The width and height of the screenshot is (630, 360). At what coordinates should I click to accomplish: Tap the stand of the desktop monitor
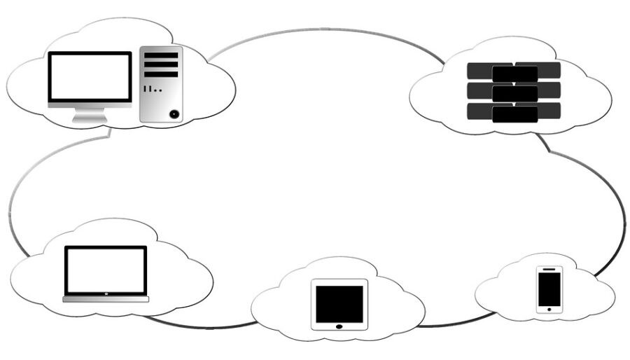[x=90, y=116]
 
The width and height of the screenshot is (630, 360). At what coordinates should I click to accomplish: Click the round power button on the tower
[x=174, y=113]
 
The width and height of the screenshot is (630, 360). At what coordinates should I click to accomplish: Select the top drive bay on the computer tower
[x=161, y=55]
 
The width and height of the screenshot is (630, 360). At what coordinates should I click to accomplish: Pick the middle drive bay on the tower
[x=161, y=64]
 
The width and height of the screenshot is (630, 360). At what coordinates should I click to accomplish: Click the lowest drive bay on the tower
[x=161, y=74]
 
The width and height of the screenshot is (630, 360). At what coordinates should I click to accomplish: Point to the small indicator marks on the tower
[x=152, y=90]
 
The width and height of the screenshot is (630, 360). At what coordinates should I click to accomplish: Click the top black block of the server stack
[x=514, y=74]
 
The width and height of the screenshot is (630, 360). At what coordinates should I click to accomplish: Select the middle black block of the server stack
[x=514, y=93]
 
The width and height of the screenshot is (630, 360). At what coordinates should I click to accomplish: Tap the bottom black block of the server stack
[x=514, y=114]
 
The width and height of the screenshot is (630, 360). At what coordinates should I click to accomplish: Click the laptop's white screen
[x=106, y=270]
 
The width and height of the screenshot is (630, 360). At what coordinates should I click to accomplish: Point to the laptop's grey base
[x=106, y=300]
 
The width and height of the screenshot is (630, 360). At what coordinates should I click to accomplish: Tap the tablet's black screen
[x=339, y=303]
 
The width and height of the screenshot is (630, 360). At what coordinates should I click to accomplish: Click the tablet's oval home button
[x=339, y=326]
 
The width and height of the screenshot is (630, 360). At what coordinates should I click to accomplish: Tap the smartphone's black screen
[x=549, y=288]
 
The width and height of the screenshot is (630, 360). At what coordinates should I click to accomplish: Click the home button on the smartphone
[x=549, y=309]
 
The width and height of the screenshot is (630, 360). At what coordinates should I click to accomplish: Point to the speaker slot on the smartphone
[x=549, y=269]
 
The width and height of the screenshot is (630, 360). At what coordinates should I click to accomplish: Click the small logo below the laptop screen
[x=106, y=293]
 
